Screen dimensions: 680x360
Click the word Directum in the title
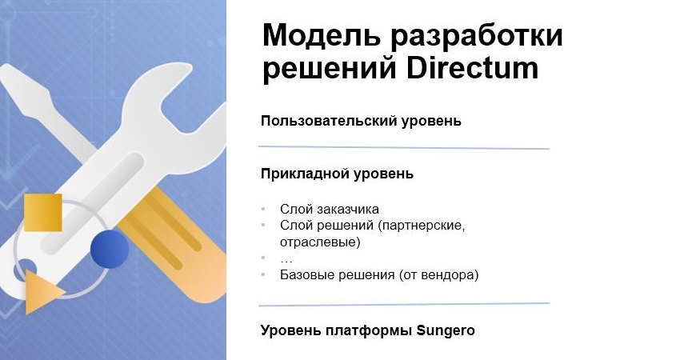[x=472, y=69]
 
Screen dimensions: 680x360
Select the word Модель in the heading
[x=322, y=35]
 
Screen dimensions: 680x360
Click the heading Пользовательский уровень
[x=361, y=121]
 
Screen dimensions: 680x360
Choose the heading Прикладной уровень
[x=337, y=174]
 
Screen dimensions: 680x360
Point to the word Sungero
[x=446, y=331]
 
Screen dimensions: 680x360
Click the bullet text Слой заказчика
[x=329, y=209]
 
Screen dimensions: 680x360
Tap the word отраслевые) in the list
[x=320, y=242]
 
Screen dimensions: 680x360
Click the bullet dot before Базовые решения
[x=263, y=275]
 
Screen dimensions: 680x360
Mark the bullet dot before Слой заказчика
[x=263, y=209]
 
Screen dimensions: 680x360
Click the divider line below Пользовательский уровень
[x=404, y=148]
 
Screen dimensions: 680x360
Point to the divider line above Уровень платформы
[x=404, y=304]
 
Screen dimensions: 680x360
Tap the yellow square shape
[x=43, y=213]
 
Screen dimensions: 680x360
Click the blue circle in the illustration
[x=110, y=249]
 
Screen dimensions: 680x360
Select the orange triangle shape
[x=42, y=291]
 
